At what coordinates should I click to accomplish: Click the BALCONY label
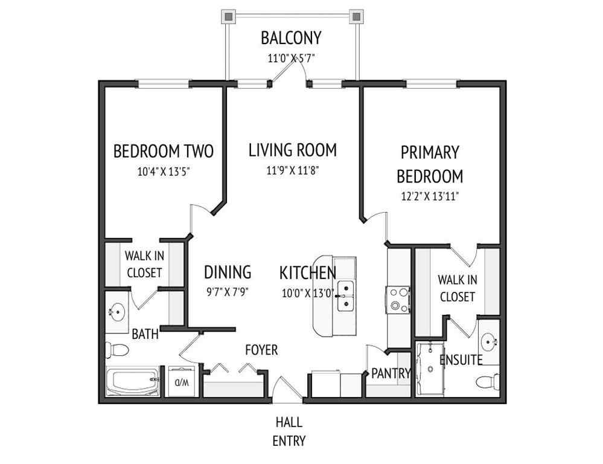coord(291,38)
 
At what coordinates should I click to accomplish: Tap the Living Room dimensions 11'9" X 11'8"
coord(292,170)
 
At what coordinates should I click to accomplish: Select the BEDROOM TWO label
coord(163,151)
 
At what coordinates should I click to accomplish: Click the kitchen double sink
coord(345,295)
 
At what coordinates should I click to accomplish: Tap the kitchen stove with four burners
coord(398,299)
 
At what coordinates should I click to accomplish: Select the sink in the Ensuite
coord(491,341)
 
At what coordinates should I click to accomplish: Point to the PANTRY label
coord(391,373)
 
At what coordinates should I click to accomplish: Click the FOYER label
coord(261,350)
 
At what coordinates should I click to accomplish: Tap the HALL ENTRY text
coord(289,431)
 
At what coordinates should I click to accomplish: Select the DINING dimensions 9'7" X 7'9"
coord(228,291)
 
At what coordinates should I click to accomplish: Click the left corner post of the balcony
coord(229,16)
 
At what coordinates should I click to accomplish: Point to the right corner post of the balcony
coord(356,16)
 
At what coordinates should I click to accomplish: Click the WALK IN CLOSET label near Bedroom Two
coord(144,264)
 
